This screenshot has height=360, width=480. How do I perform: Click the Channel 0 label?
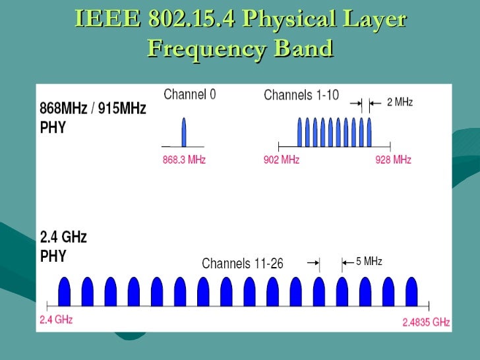click(189, 94)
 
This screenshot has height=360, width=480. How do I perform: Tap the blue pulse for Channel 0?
click(184, 132)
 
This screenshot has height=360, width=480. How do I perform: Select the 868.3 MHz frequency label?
click(184, 160)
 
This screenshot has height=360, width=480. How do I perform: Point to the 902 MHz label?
click(282, 160)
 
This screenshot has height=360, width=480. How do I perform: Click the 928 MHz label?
click(393, 160)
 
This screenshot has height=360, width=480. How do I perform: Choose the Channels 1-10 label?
click(301, 95)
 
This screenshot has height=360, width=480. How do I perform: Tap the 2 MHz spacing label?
click(400, 102)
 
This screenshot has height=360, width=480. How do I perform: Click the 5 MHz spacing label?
click(369, 262)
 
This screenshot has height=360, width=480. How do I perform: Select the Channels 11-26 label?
click(243, 264)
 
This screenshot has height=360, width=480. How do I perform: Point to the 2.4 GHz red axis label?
click(56, 320)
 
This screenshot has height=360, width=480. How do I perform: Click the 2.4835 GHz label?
click(426, 322)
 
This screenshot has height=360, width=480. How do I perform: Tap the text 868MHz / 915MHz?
click(93, 108)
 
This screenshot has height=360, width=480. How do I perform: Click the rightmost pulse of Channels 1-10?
click(370, 132)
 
